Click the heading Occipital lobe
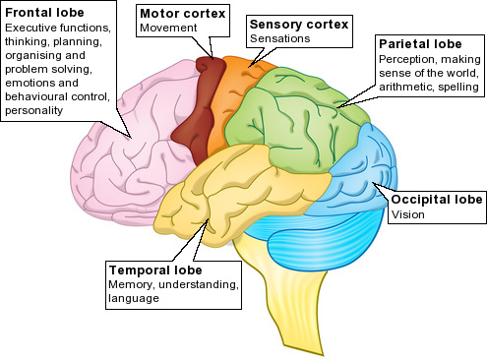click(437, 200)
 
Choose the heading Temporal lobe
click(154, 270)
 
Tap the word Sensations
click(280, 38)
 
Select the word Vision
click(406, 214)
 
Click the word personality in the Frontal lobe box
click(35, 111)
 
